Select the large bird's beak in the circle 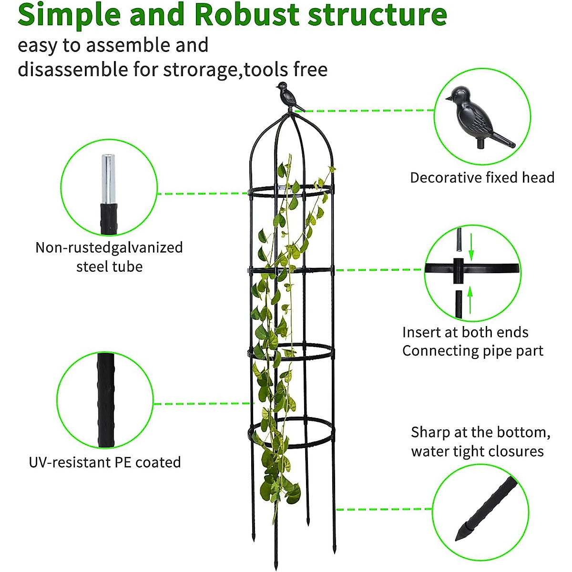pyautogui.click(x=449, y=98)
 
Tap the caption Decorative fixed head pyautogui.click(x=482, y=178)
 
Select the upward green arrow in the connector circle pyautogui.click(x=470, y=299)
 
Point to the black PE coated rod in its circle pyautogui.click(x=106, y=400)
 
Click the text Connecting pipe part pyautogui.click(x=472, y=351)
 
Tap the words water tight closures pyautogui.click(x=477, y=451)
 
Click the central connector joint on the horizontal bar pyautogui.click(x=459, y=270)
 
